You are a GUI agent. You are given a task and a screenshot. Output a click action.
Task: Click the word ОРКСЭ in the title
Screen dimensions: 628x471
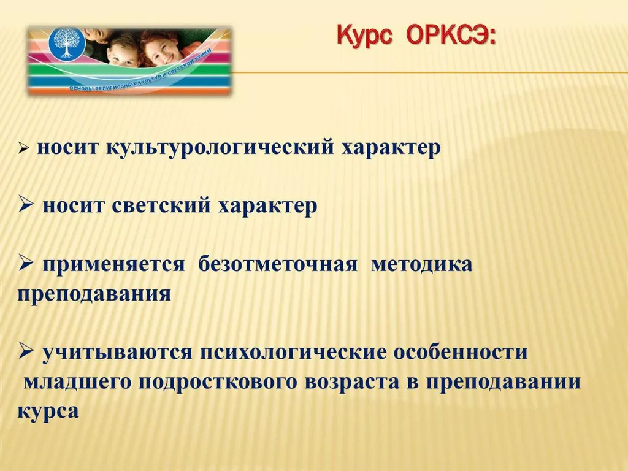(x=451, y=36)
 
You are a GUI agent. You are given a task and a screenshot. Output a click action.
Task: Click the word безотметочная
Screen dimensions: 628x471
(x=278, y=264)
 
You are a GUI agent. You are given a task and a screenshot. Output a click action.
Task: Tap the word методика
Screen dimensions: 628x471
(x=422, y=265)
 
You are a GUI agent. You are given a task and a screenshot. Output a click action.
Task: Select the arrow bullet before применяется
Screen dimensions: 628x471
(x=25, y=264)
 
